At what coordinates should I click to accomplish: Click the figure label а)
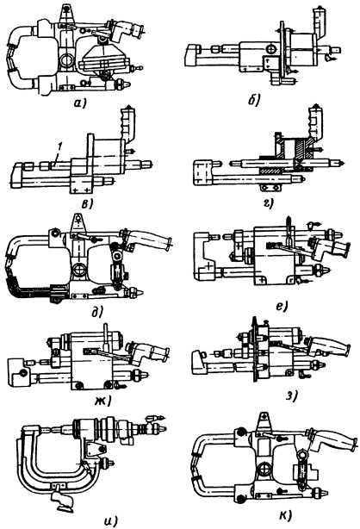click(80, 103)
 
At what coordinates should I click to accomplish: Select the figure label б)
click(253, 100)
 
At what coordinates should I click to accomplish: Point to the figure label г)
click(269, 203)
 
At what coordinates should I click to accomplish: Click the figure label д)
click(96, 312)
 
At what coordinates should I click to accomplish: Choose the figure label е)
click(281, 306)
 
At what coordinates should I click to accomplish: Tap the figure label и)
click(110, 521)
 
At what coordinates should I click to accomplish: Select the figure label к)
click(285, 515)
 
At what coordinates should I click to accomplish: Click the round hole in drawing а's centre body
click(66, 61)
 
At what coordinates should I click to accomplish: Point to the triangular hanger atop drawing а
click(66, 14)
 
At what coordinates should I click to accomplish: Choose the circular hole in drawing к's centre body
click(264, 470)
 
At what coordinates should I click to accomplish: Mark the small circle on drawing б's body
click(271, 50)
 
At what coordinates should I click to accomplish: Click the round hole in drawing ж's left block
click(22, 373)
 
